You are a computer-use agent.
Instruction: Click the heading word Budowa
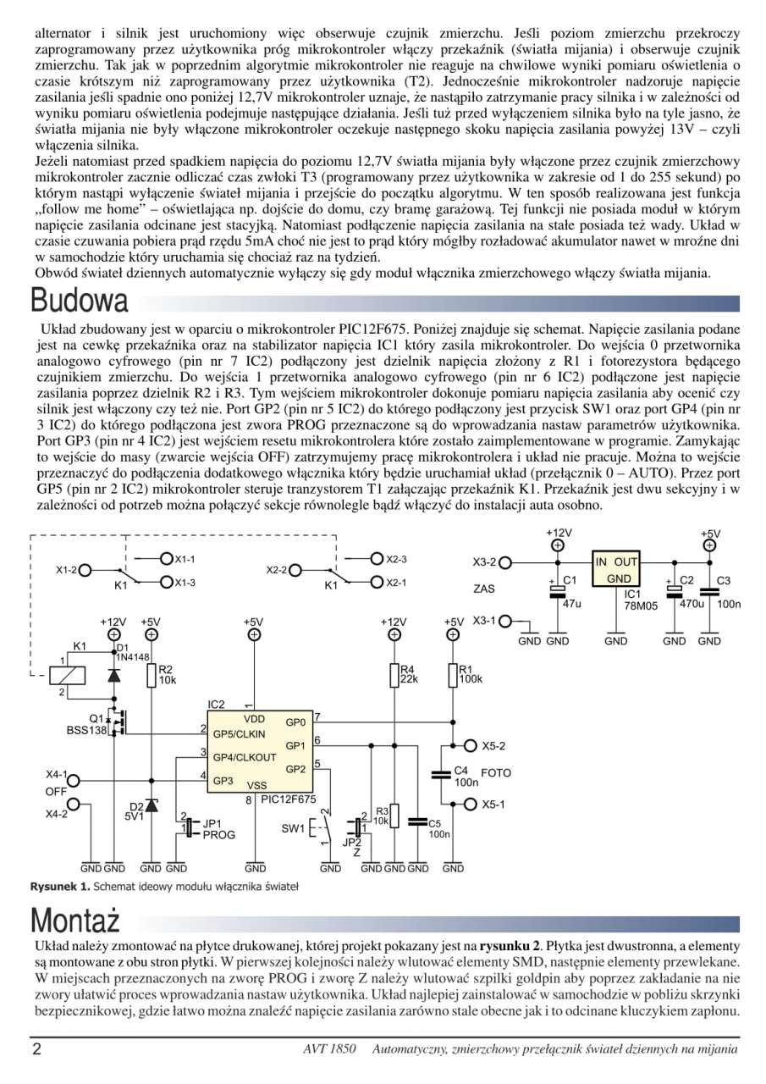(80, 301)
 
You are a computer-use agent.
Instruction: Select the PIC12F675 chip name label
(289, 799)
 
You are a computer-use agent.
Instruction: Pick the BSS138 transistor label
(85, 729)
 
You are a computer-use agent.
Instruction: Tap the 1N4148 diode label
(133, 656)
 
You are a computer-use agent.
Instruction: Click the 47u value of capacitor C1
(571, 604)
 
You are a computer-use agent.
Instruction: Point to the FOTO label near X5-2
(496, 773)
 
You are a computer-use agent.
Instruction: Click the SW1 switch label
(292, 828)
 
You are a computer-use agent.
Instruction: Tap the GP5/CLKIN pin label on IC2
(239, 733)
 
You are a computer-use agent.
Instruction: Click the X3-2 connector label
(484, 562)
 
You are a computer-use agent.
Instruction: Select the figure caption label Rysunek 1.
(58, 887)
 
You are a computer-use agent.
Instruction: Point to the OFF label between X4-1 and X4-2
(56, 791)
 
